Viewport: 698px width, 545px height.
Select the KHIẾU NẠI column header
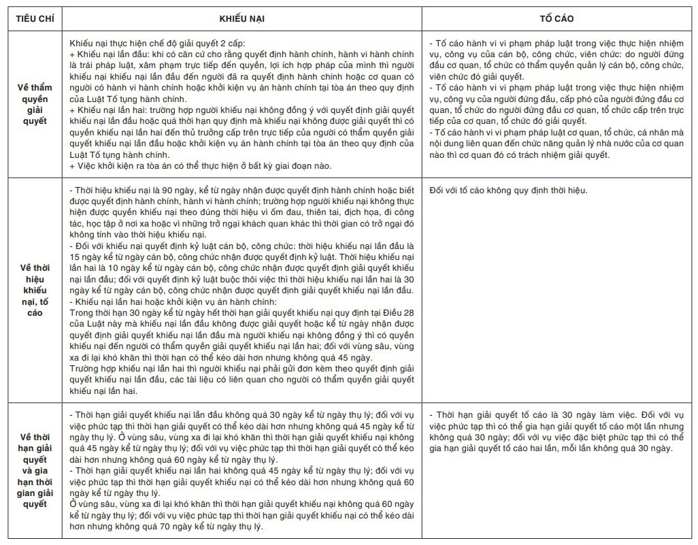pos(242,18)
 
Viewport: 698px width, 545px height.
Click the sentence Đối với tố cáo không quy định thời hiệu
pos(508,191)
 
